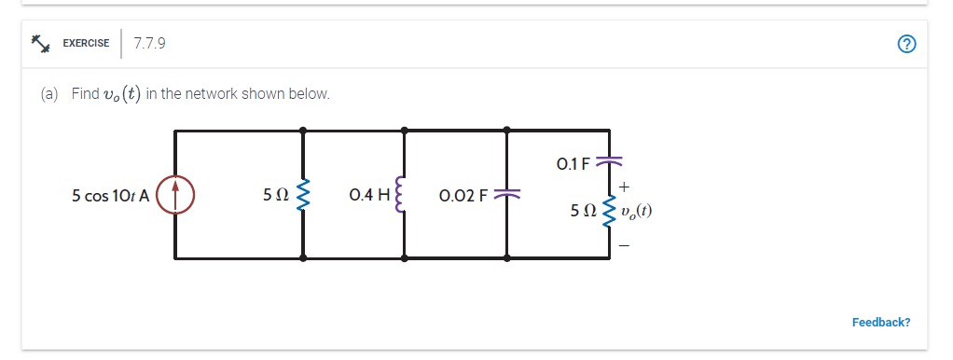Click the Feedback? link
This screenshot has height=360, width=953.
point(880,322)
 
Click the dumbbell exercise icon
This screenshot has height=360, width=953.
point(40,43)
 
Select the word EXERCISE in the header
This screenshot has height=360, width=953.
point(86,44)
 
